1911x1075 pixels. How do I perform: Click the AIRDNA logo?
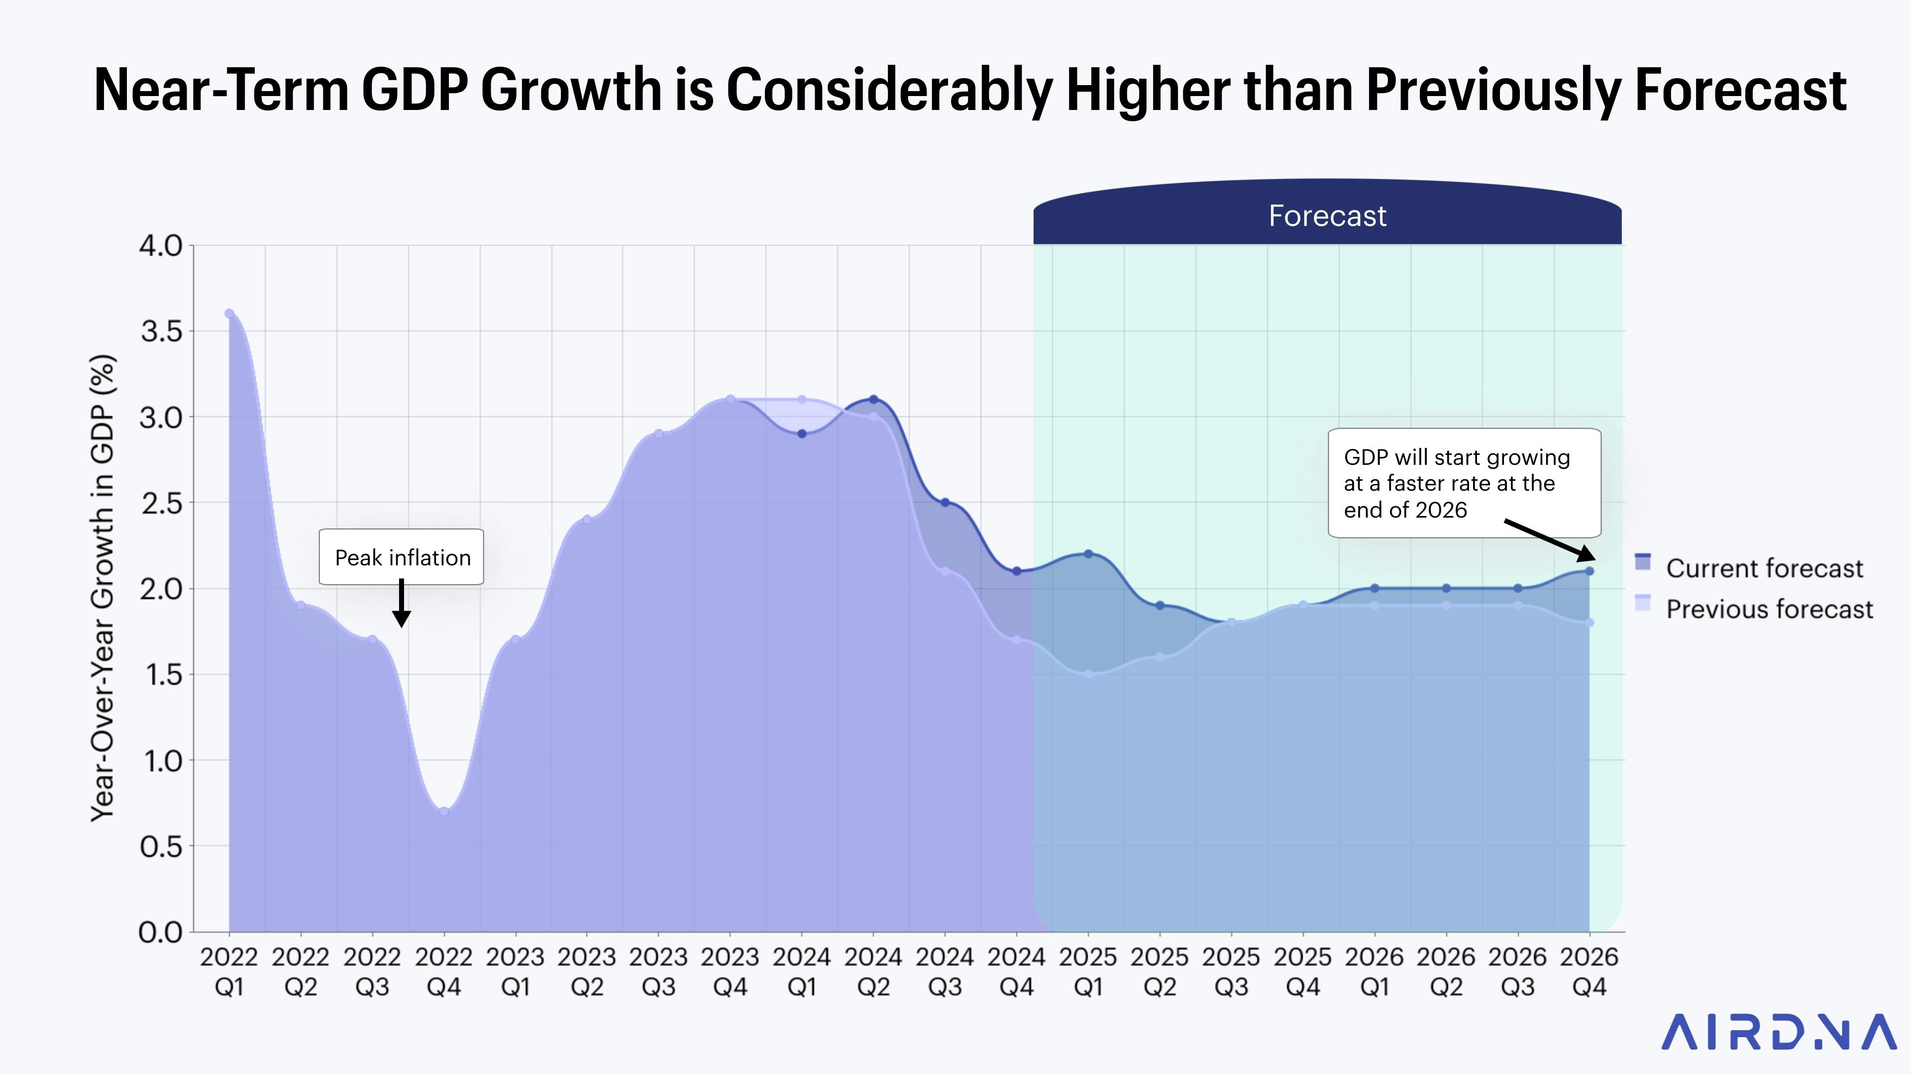click(x=1778, y=1033)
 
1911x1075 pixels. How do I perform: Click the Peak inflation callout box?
click(x=401, y=557)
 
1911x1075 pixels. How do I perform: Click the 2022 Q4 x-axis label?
click(x=443, y=972)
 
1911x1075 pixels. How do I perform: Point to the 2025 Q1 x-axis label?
click(x=1087, y=972)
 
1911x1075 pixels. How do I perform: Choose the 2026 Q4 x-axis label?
click(x=1589, y=972)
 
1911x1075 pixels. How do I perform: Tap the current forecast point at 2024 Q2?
click(x=873, y=399)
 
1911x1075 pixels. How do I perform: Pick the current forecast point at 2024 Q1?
click(x=802, y=434)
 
